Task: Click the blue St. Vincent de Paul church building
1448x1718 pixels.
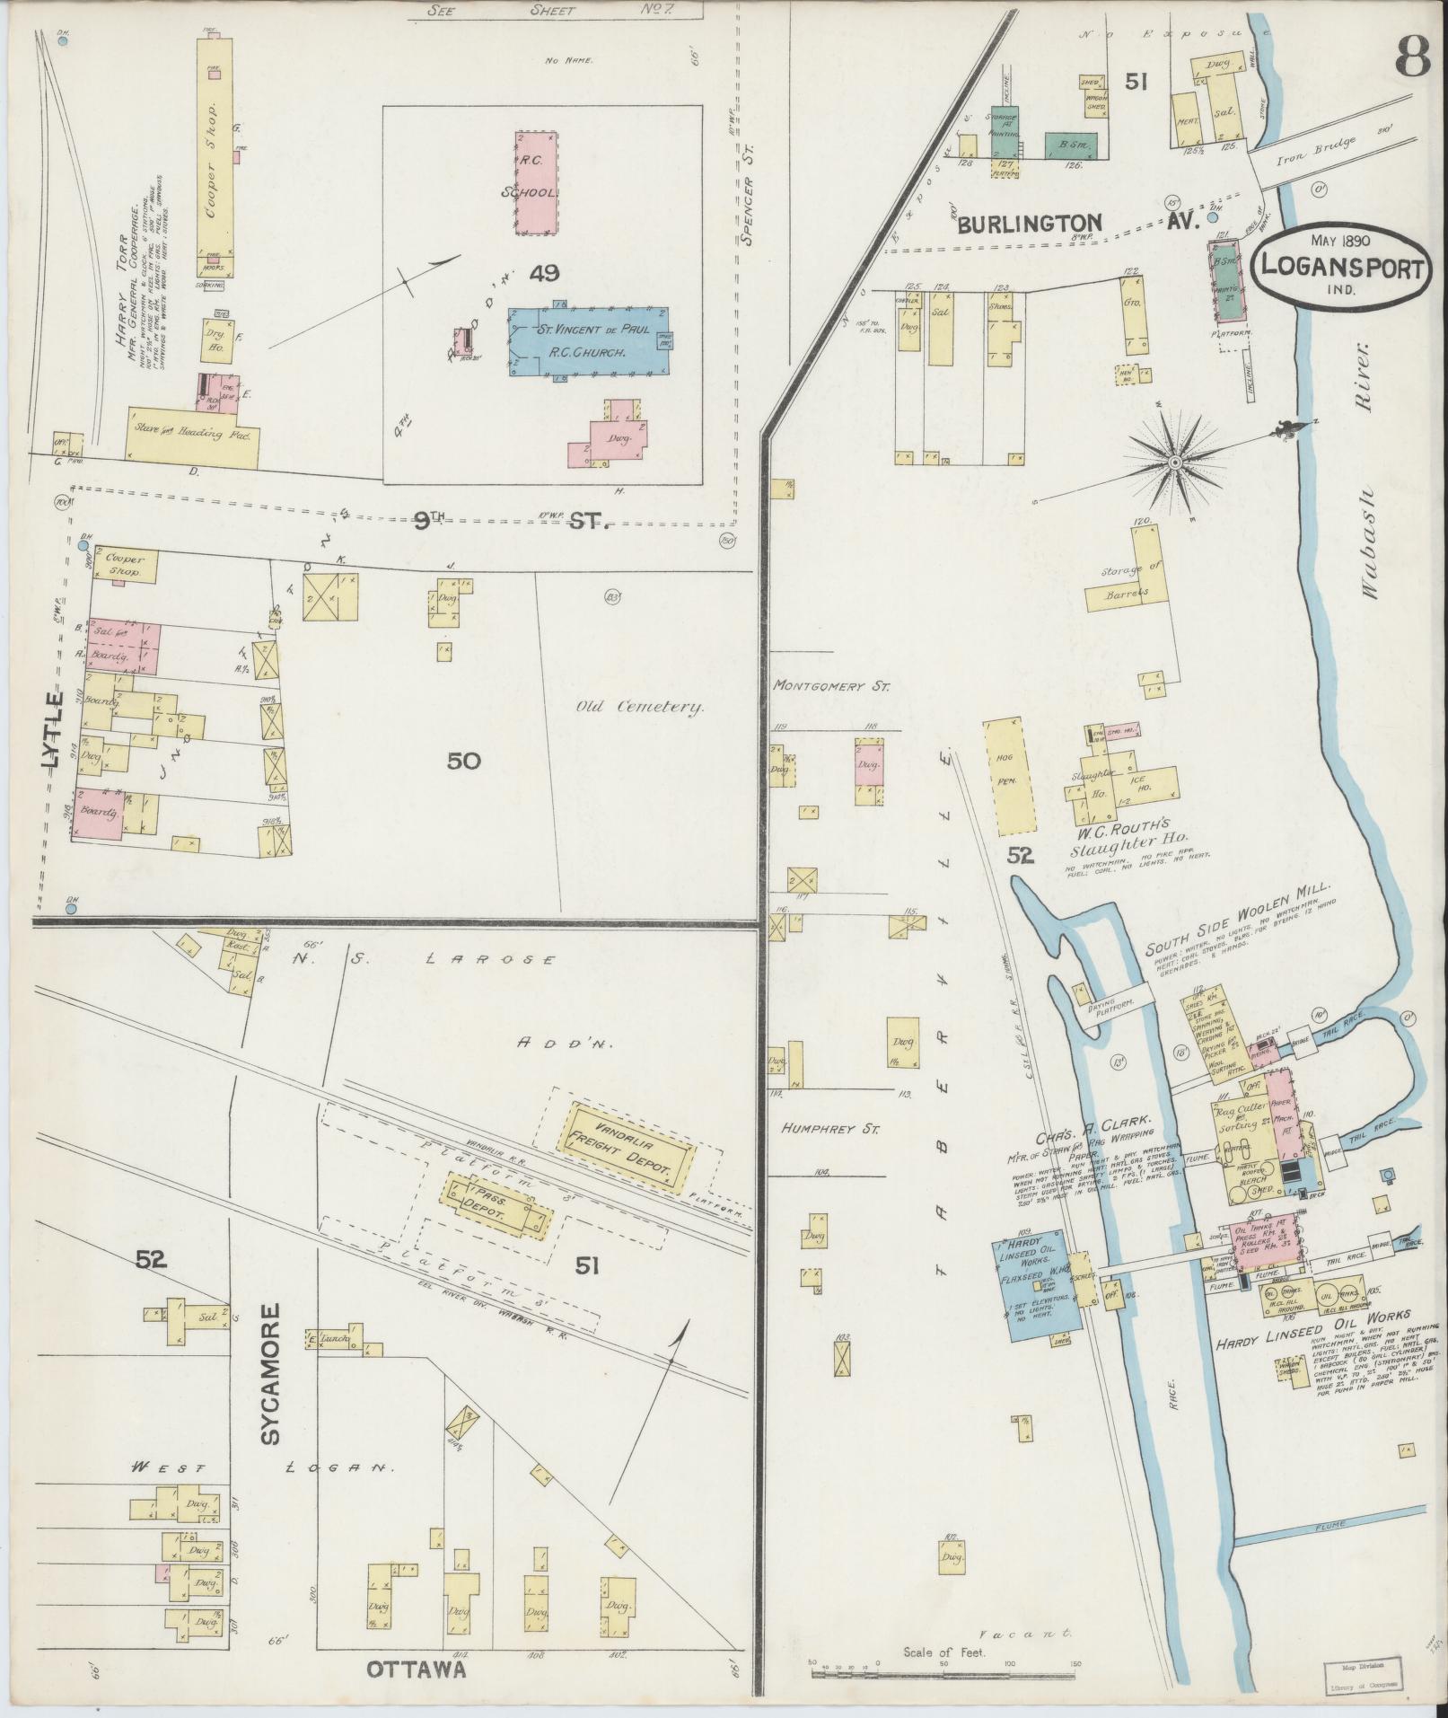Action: point(588,341)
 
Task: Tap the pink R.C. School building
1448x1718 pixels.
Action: point(538,184)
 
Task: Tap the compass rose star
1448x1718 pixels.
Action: point(1175,462)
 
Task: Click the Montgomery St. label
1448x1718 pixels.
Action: point(831,686)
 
